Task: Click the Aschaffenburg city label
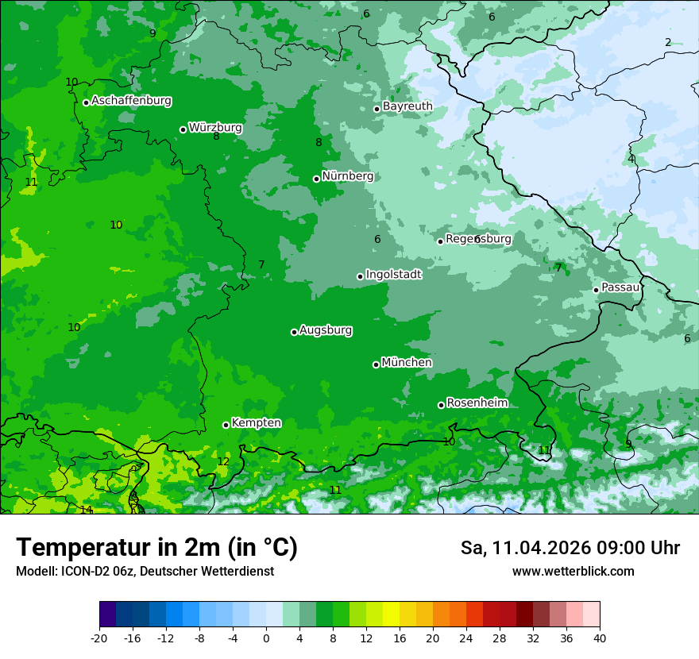pos(131,101)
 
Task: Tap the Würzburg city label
pos(215,128)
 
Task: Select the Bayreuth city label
pos(407,106)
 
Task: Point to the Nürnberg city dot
pos(316,179)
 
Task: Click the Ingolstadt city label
pos(393,274)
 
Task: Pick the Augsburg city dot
pos(294,332)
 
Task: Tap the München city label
pos(407,363)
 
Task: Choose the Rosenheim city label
pos(477,403)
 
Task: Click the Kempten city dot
pos(226,425)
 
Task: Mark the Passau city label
pos(620,287)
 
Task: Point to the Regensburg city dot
pos(440,241)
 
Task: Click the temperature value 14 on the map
pos(86,510)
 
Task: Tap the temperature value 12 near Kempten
pos(223,461)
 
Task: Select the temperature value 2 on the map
pos(668,42)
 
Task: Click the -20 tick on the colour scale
pos(99,638)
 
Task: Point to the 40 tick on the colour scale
pos(600,638)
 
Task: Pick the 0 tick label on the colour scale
pos(266,638)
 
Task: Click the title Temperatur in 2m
pos(156,548)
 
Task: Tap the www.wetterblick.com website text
pos(573,572)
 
